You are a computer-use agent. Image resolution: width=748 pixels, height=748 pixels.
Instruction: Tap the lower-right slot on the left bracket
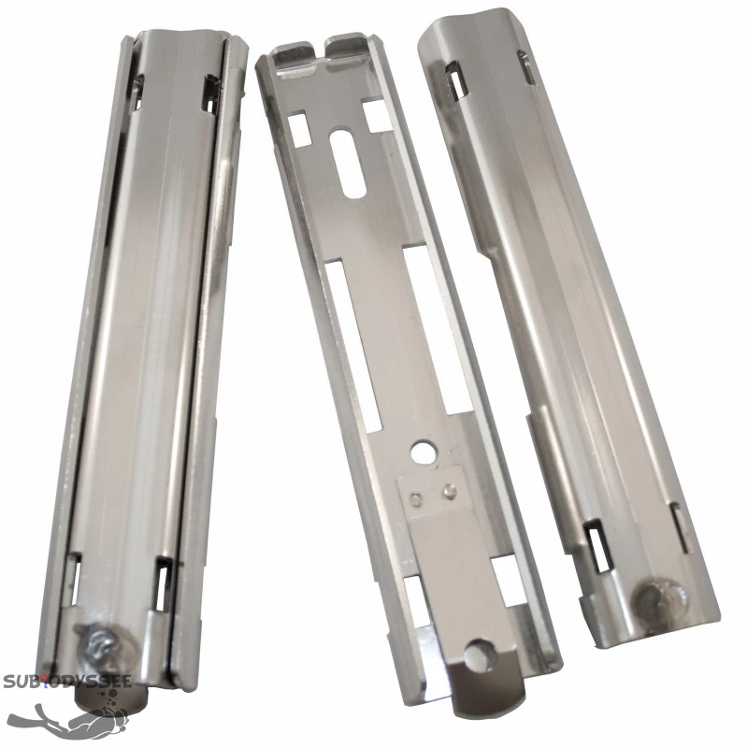pyautogui.click(x=165, y=588)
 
